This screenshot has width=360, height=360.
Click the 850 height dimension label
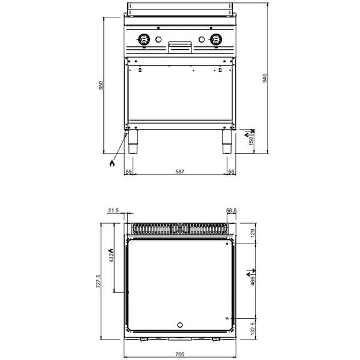click(101, 86)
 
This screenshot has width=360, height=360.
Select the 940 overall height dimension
click(264, 78)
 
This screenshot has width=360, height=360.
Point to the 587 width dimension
click(179, 172)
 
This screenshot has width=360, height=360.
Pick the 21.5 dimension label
click(114, 211)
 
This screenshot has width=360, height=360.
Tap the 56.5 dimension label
click(232, 211)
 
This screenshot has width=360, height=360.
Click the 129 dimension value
click(252, 232)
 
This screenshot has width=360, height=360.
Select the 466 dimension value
click(252, 280)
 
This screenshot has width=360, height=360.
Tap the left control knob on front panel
click(143, 40)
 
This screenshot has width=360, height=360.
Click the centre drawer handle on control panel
click(180, 45)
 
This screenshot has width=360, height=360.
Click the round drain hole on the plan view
click(179, 325)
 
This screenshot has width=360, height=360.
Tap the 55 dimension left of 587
click(128, 172)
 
